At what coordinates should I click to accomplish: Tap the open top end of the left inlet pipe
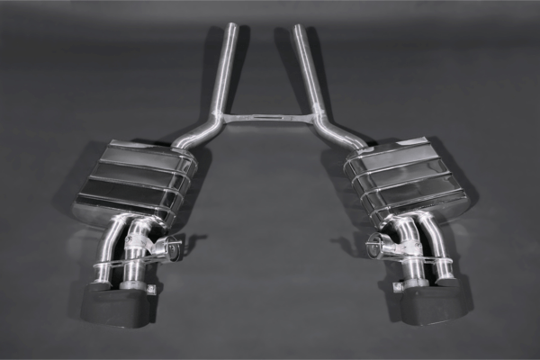232,26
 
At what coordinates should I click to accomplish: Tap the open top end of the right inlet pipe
298,27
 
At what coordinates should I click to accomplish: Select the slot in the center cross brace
265,117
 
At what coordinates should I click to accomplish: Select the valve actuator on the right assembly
379,244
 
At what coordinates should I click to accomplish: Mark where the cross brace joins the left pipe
220,117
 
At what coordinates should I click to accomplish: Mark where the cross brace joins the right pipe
312,117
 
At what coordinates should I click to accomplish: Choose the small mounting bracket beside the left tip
150,289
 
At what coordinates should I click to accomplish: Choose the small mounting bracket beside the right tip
396,287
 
